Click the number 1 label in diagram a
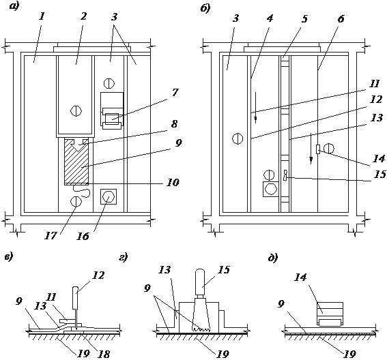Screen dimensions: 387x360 click(x=42, y=17)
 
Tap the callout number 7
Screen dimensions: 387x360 click(x=175, y=93)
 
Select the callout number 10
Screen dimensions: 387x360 click(x=173, y=183)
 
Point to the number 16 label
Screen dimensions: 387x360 click(x=83, y=236)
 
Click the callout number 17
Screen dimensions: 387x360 click(x=51, y=235)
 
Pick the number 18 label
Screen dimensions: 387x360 click(x=104, y=355)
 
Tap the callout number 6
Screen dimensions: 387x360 click(x=341, y=18)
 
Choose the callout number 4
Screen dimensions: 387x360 click(x=270, y=18)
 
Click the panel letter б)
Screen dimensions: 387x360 click(x=205, y=8)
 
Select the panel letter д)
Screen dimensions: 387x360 click(x=273, y=258)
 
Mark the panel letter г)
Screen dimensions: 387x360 click(x=123, y=258)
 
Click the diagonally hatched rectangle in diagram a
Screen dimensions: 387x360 click(x=76, y=162)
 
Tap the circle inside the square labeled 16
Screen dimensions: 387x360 click(x=109, y=196)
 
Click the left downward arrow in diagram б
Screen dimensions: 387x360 click(x=256, y=108)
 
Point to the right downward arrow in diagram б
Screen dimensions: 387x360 click(x=311, y=149)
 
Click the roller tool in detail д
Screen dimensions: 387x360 click(x=330, y=314)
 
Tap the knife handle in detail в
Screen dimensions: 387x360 click(x=76, y=298)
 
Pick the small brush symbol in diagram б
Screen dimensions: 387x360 click(x=286, y=177)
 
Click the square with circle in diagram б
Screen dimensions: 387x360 click(x=271, y=189)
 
